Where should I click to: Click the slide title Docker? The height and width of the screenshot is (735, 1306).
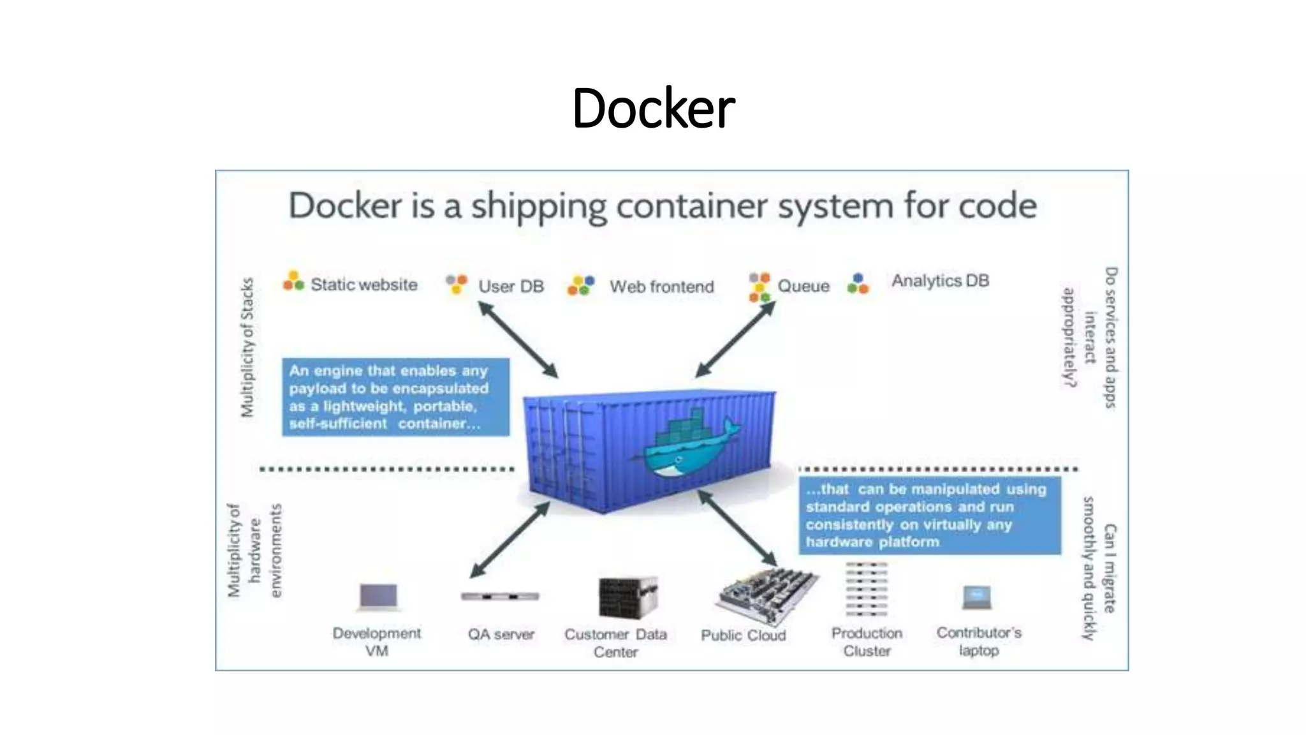click(654, 108)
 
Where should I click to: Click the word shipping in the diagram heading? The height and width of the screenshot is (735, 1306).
click(539, 207)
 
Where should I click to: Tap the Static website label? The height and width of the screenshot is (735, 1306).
click(363, 285)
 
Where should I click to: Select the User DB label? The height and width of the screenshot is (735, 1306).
click(511, 286)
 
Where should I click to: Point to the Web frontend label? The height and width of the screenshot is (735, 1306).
click(661, 286)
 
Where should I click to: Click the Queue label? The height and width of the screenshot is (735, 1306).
click(803, 286)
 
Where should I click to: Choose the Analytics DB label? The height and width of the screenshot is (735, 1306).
click(940, 281)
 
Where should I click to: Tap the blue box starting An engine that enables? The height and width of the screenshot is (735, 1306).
click(395, 397)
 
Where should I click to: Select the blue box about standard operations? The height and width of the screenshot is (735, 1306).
click(929, 515)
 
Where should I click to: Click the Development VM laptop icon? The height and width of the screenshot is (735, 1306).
click(379, 597)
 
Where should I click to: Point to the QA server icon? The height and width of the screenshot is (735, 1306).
click(500, 597)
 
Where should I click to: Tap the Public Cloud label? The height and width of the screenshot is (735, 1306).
click(743, 635)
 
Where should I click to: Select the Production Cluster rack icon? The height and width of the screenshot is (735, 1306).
click(866, 589)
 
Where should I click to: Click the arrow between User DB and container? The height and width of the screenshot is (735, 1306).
click(518, 339)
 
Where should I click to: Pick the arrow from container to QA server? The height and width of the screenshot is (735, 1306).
click(510, 540)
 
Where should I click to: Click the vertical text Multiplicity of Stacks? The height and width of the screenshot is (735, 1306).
click(247, 348)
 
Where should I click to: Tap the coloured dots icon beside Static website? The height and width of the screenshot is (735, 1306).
click(293, 281)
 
